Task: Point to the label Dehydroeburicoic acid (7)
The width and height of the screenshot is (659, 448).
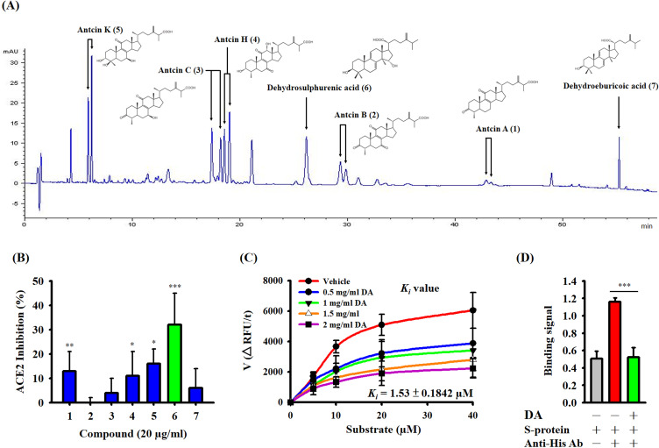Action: click(605, 86)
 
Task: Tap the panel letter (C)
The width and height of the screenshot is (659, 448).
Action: click(252, 259)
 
